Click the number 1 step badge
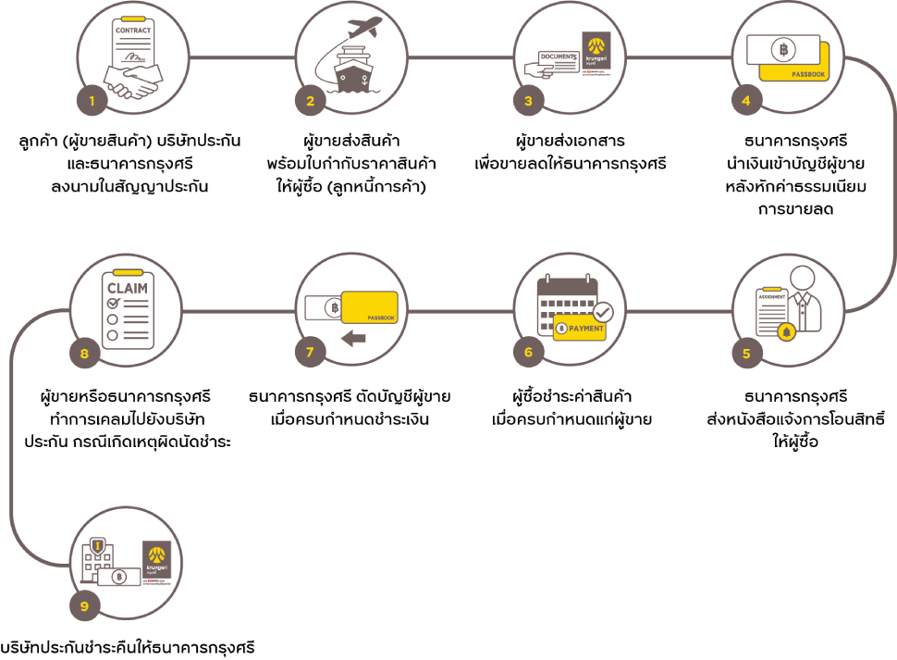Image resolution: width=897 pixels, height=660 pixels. (x=91, y=100)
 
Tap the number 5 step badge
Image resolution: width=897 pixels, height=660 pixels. (x=746, y=353)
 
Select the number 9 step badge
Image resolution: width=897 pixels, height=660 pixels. (x=84, y=606)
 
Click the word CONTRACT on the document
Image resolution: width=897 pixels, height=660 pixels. (x=133, y=31)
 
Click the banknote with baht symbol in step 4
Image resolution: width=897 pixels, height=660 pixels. (x=783, y=48)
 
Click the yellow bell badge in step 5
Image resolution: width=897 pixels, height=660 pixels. (x=786, y=331)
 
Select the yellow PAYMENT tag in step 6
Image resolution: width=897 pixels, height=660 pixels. (x=581, y=329)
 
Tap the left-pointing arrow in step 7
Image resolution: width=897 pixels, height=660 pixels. (x=353, y=339)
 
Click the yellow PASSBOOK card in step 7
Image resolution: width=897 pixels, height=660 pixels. (x=370, y=307)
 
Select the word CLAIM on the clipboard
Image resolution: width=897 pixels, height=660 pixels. (x=128, y=288)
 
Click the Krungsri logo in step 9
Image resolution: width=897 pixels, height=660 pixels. (x=156, y=560)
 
